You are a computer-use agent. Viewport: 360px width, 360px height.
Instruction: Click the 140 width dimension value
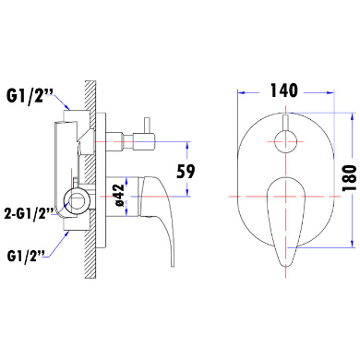(x=283, y=90)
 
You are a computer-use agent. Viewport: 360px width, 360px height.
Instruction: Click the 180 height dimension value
(x=350, y=178)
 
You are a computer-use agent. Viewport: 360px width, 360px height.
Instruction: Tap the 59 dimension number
(x=186, y=172)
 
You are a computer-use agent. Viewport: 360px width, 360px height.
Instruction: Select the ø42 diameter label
(x=119, y=196)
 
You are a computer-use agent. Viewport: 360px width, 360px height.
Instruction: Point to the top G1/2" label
(x=29, y=97)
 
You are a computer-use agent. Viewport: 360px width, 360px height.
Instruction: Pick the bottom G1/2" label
(x=26, y=256)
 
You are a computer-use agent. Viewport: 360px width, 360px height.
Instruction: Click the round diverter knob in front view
(x=286, y=141)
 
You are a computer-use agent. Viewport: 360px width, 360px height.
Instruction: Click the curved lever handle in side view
(x=159, y=212)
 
